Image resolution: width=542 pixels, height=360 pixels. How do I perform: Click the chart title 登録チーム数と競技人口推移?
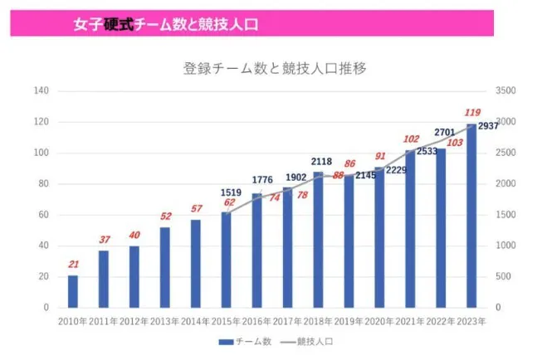click(x=274, y=69)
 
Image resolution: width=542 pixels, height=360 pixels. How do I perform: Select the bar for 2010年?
click(x=73, y=291)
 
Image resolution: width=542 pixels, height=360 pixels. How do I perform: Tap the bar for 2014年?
click(x=196, y=264)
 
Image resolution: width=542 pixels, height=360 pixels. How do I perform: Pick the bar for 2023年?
click(x=471, y=216)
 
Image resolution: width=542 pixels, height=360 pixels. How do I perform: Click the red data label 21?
click(x=73, y=265)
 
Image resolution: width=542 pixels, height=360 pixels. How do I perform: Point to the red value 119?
click(x=472, y=113)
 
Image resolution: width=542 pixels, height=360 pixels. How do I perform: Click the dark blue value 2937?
click(x=488, y=125)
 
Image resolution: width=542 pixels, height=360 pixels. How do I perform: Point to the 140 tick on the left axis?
click(x=41, y=90)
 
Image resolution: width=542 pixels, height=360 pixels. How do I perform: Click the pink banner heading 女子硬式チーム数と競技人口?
click(x=165, y=24)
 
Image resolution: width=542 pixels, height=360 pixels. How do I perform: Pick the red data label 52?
click(x=165, y=216)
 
